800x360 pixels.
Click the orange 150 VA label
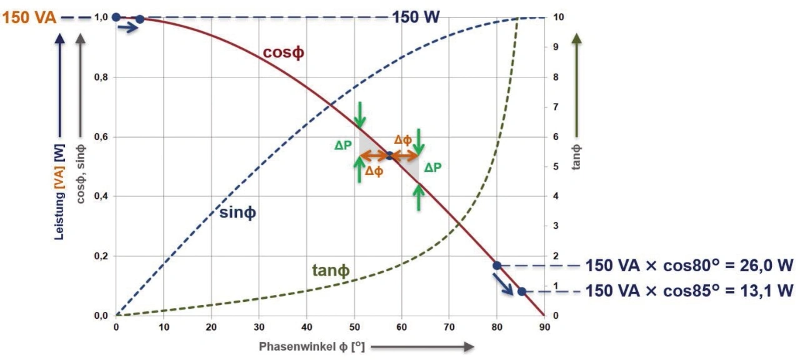point(29,18)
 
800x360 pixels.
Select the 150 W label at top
point(416,17)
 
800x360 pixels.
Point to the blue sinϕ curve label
point(238,212)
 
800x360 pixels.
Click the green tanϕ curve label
point(331,271)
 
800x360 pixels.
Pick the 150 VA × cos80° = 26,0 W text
point(689,266)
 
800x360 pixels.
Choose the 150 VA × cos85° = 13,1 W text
point(689,291)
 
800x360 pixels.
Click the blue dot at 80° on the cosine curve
point(497,266)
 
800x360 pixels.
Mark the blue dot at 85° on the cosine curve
point(521,291)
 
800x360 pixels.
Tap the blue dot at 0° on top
point(116,17)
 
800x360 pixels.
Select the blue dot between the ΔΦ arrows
point(389,156)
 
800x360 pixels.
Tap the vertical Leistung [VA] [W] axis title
point(60,187)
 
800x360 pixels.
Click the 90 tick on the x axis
point(544,326)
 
